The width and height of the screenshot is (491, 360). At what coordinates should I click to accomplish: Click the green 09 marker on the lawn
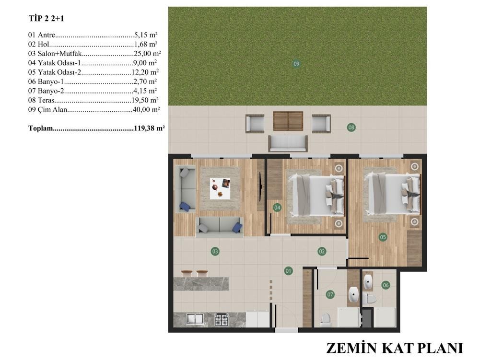tap(296, 64)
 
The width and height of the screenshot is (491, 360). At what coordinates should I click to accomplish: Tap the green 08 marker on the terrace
tap(351, 128)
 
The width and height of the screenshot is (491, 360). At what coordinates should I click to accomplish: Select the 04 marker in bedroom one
tap(277, 208)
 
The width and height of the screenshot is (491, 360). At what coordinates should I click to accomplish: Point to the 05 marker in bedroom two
tap(383, 237)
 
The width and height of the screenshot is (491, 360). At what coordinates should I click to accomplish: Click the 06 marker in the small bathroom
tap(386, 285)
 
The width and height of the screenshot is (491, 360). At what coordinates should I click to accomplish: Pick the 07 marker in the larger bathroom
tap(330, 294)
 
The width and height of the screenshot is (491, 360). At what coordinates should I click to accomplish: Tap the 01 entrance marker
tap(288, 271)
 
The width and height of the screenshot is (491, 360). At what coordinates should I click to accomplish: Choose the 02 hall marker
tap(322, 251)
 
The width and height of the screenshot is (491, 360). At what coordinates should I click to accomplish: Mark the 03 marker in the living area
tap(215, 251)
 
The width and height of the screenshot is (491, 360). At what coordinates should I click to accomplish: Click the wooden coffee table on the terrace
tap(288, 121)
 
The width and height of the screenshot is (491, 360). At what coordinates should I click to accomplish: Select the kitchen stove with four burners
tap(222, 319)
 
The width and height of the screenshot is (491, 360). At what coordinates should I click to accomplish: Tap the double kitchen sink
tap(195, 319)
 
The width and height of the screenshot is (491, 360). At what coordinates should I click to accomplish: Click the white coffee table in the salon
tap(220, 188)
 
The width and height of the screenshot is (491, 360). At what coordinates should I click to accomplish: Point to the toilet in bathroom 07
tap(326, 319)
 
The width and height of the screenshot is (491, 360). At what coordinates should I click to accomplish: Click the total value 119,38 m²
tap(150, 128)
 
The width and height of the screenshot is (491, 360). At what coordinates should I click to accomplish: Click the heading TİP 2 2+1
tap(47, 19)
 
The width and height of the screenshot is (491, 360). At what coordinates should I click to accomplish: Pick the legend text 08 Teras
tap(41, 100)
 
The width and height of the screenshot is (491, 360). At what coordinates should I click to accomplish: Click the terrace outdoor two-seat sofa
tap(288, 144)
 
